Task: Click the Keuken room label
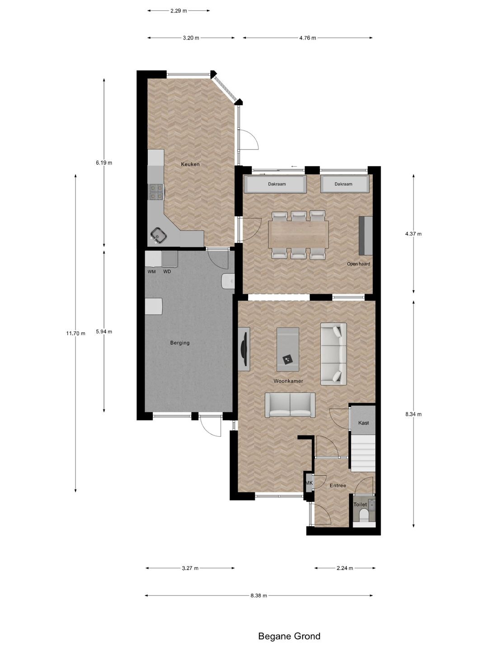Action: tap(190, 164)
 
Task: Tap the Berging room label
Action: tap(180, 343)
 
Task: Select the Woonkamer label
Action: tap(288, 381)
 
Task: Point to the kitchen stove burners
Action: tap(156, 191)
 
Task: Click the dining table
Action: tap(299, 234)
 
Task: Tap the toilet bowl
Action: tap(364, 515)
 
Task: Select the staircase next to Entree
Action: tap(363, 453)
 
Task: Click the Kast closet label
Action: tap(363, 423)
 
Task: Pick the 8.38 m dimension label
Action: tap(259, 595)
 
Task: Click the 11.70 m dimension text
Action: tap(75, 333)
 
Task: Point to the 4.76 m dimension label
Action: tap(307, 38)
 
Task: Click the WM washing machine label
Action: tap(151, 272)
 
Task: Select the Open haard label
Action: tap(358, 264)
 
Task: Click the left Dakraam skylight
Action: tap(274, 184)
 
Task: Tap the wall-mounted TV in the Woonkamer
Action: tap(244, 348)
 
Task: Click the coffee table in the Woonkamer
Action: tap(288, 349)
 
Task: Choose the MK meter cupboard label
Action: tap(309, 483)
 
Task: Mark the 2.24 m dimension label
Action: tap(345, 568)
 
